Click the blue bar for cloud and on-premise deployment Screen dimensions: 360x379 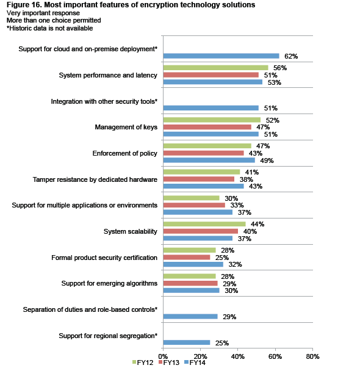[x=221, y=56]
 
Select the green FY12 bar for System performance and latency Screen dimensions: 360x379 [x=215, y=68]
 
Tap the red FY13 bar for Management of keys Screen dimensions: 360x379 [x=207, y=127]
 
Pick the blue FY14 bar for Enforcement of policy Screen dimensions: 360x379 [x=209, y=161]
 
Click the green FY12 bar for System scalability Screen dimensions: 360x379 [x=204, y=224]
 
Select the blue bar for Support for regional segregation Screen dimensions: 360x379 [x=187, y=342]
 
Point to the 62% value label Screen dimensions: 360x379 [x=291, y=56]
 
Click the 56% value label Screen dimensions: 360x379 [x=280, y=68]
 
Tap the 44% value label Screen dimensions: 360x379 [x=257, y=225]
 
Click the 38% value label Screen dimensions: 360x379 [x=246, y=179]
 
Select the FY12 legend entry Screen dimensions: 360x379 [x=143, y=363]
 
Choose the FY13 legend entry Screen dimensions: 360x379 [x=169, y=363]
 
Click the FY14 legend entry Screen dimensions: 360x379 [x=195, y=363]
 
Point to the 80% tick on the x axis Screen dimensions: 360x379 [x=312, y=349]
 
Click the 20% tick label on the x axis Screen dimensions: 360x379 [x=200, y=356]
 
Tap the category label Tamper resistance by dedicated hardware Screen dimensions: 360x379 [x=95, y=179]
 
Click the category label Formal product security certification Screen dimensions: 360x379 [x=104, y=258]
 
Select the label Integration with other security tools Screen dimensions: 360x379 [x=104, y=101]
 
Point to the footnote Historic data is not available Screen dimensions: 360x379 [x=50, y=28]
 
